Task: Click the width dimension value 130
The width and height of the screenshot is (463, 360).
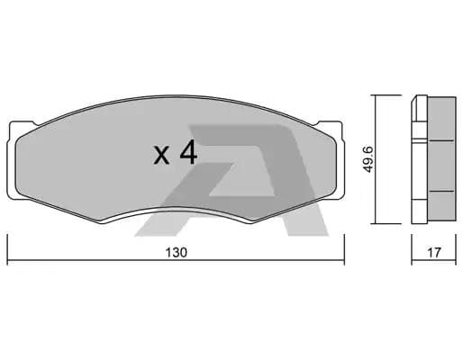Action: pyautogui.click(x=177, y=253)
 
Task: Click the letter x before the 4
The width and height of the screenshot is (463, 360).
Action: pyautogui.click(x=161, y=155)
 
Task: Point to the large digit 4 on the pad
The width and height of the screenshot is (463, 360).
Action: pyautogui.click(x=187, y=152)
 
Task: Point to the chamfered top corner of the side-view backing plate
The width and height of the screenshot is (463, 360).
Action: pyautogui.click(x=415, y=100)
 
